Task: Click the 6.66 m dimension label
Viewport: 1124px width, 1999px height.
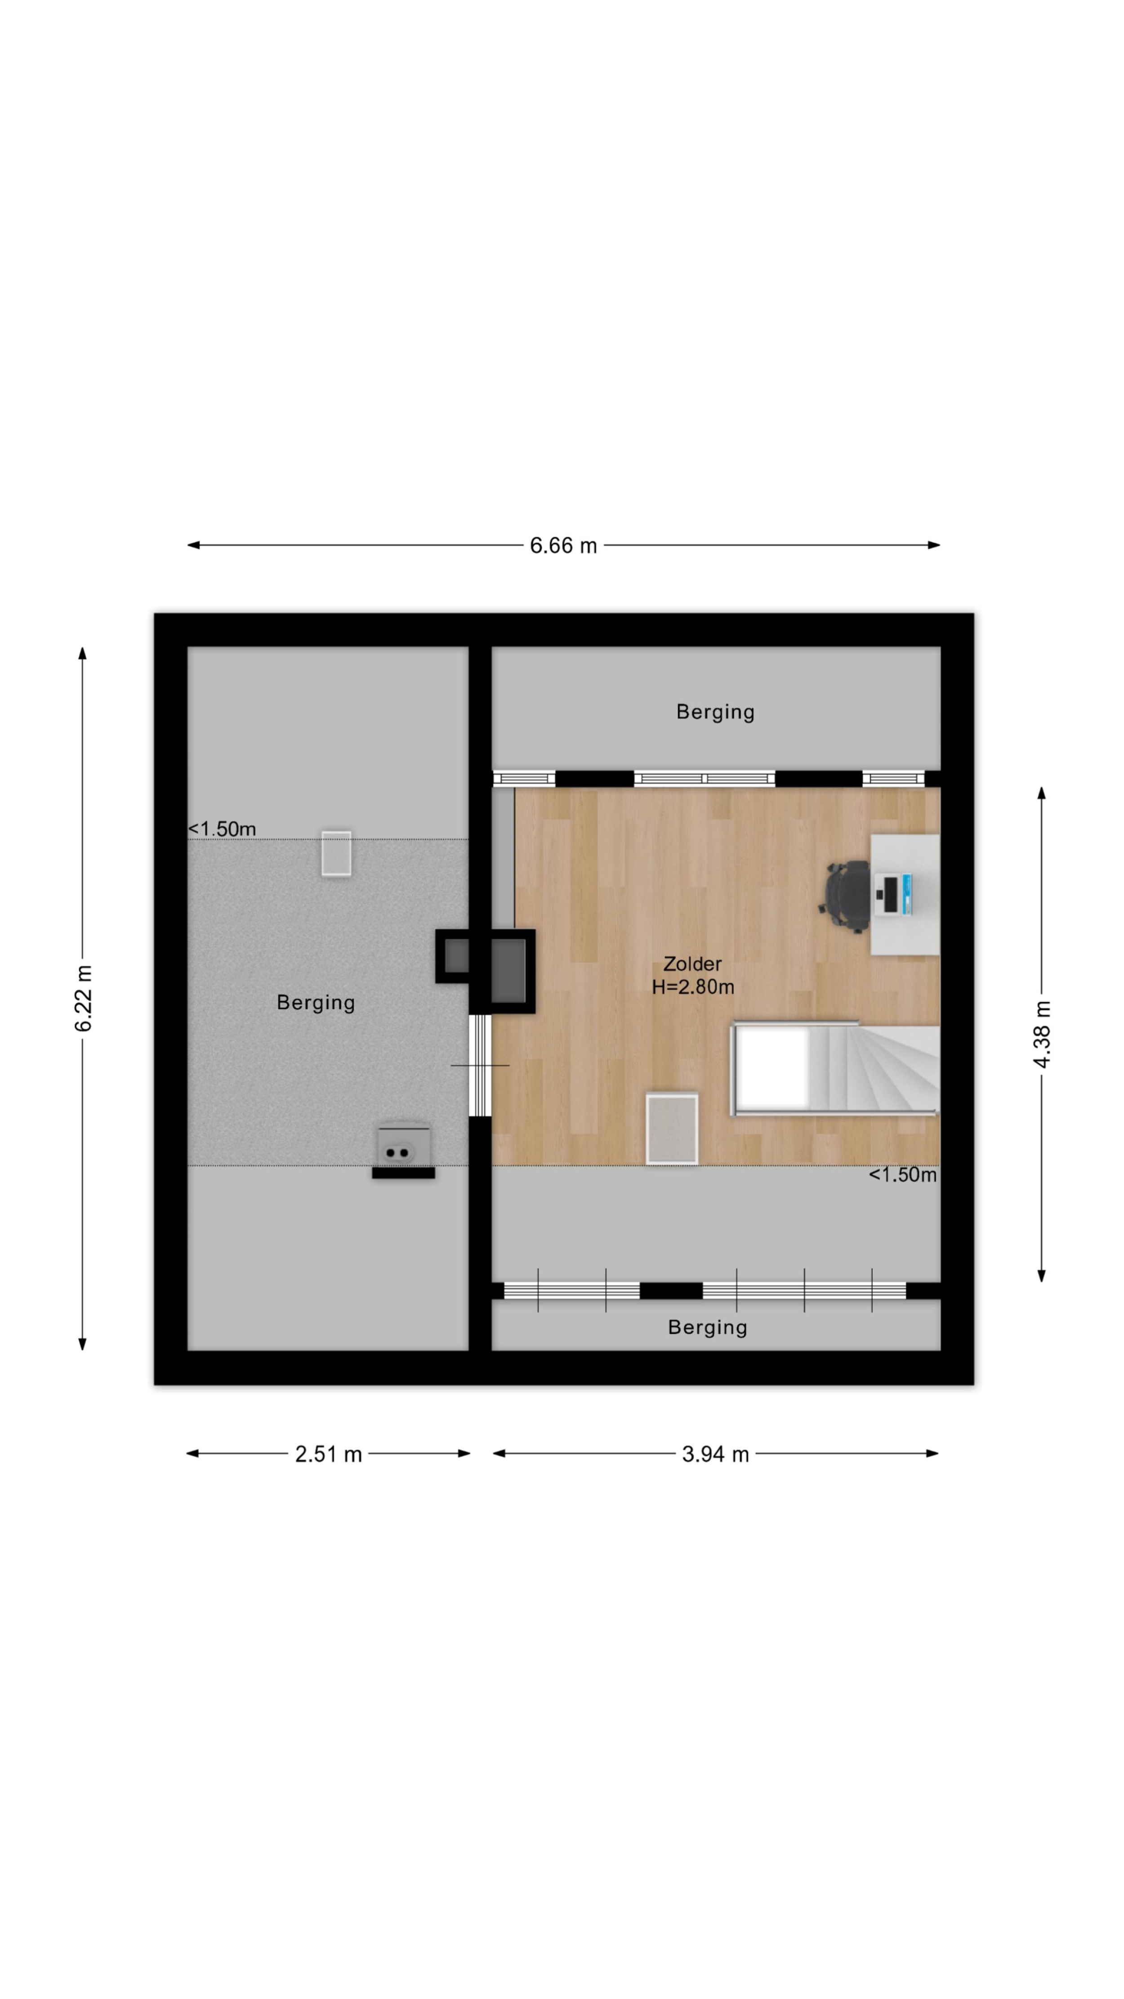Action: point(563,546)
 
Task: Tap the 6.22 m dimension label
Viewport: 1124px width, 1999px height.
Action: point(84,999)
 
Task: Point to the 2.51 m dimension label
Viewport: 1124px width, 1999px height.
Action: point(328,1454)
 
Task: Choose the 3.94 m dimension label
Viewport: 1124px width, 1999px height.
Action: point(715,1454)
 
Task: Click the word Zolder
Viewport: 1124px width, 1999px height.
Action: point(692,964)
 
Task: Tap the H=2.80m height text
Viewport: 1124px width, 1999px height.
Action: point(693,987)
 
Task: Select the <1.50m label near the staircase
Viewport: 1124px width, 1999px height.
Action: point(902,1175)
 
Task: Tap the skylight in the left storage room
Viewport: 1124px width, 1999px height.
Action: point(337,854)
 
